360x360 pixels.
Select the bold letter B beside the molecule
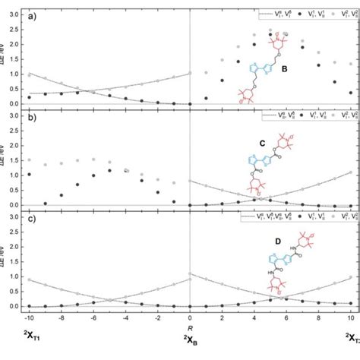coord(285,70)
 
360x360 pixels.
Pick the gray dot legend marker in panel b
coord(322,116)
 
